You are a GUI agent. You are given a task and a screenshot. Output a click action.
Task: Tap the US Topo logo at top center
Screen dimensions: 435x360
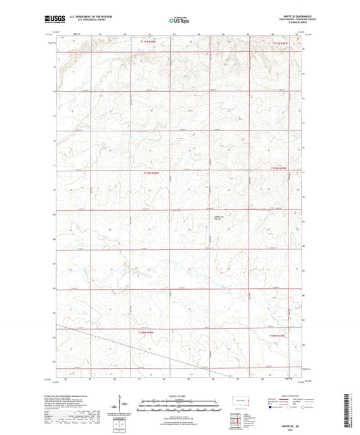[179, 21]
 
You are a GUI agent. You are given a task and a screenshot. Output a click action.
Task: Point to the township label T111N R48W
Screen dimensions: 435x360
[148, 43]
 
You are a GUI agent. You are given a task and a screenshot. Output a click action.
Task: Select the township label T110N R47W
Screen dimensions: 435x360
[279, 168]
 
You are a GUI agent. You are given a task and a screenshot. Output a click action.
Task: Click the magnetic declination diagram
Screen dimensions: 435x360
[124, 407]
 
